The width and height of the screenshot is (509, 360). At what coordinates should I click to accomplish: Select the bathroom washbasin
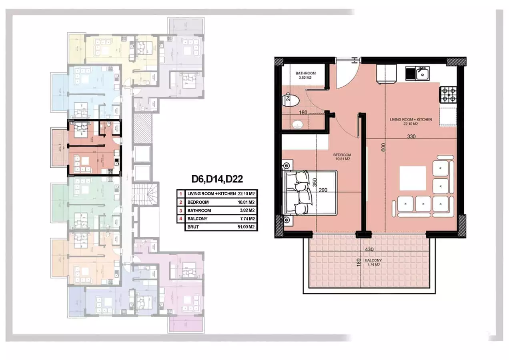[297, 125]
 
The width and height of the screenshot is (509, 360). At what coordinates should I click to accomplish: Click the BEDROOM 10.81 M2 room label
[342, 157]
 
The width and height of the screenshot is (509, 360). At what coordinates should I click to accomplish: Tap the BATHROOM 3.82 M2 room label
[306, 76]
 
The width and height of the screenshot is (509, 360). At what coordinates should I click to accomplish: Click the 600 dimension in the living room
[383, 148]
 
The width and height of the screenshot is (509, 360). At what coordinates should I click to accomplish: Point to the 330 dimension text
[411, 137]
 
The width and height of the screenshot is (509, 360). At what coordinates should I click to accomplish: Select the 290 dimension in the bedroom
[324, 190]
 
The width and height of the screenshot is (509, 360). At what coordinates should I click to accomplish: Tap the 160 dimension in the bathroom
[303, 113]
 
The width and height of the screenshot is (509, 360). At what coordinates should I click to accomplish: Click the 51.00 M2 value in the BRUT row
[246, 227]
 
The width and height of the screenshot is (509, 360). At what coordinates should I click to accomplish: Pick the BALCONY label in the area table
[196, 219]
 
